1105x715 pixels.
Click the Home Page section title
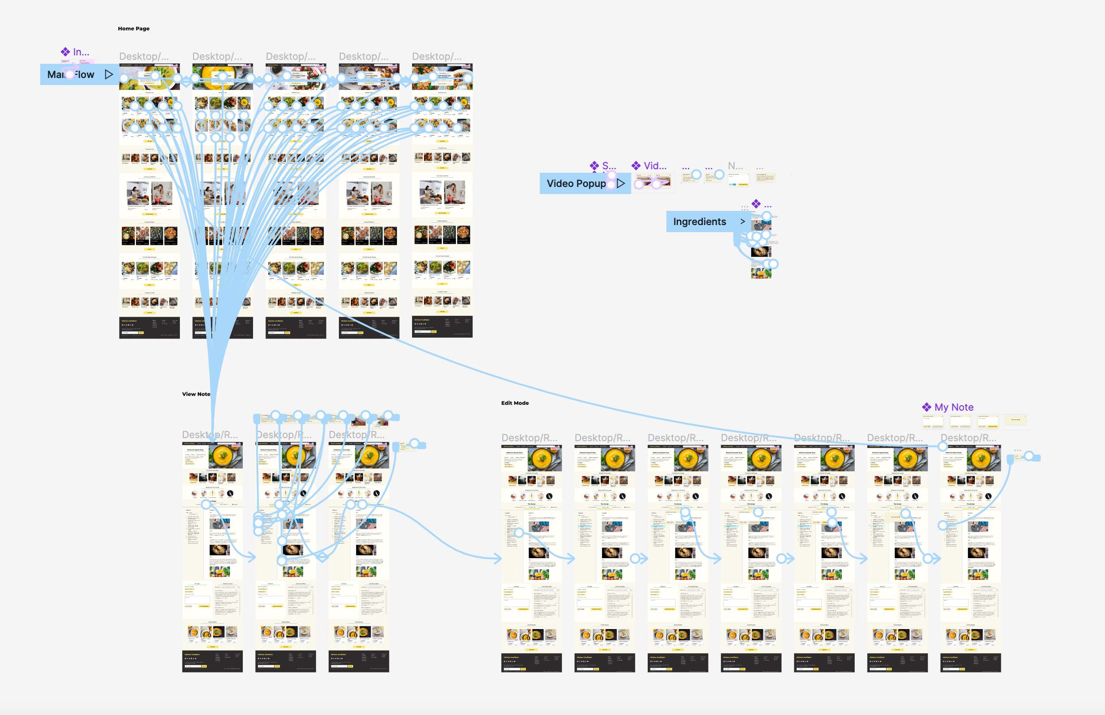pos(134,29)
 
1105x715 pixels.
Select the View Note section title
pos(196,394)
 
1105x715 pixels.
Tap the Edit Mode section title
pos(514,403)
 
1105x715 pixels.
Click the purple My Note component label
pos(953,407)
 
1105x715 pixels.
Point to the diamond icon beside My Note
pos(926,407)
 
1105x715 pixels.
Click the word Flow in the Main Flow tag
pos(85,75)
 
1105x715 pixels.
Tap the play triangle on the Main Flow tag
pos(109,74)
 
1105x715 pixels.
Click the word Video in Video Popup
pos(560,183)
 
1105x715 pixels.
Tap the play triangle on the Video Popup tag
pos(621,183)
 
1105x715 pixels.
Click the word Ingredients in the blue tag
pos(699,222)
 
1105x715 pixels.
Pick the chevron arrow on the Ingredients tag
pos(743,221)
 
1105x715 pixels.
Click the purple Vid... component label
pos(655,166)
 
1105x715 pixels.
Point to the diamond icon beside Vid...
pos(636,165)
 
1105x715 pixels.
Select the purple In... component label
pos(81,52)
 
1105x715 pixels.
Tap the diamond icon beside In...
pos(66,52)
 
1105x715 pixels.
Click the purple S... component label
pos(609,166)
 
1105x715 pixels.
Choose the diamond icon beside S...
pos(594,165)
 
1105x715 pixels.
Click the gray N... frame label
pos(735,166)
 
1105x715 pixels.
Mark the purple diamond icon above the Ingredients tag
pos(756,204)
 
